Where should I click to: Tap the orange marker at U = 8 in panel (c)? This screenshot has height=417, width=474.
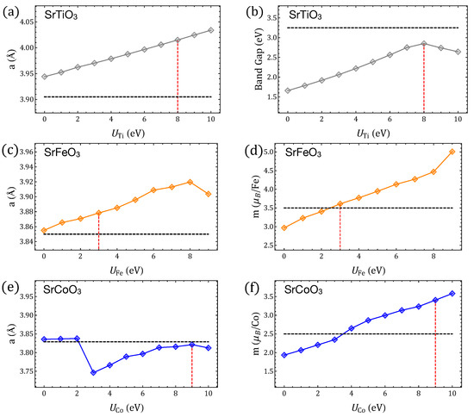coord(190,182)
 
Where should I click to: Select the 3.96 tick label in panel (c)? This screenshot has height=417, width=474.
coord(25,152)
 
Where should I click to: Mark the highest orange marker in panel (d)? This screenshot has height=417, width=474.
coord(452,152)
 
